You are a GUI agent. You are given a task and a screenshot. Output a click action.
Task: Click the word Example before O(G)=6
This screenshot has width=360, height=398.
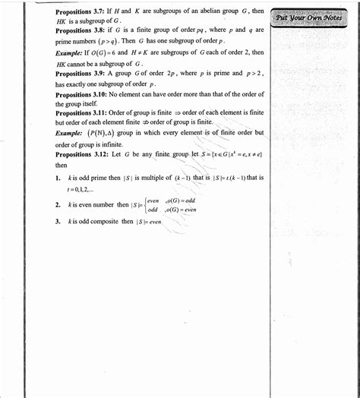pos(71,52)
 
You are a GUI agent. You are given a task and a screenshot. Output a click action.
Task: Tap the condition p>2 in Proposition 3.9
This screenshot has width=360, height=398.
pos(253,74)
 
